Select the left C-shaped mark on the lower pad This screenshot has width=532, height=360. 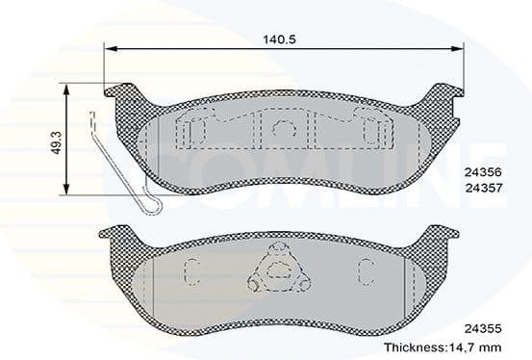191,270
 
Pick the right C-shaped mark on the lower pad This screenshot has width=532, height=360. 367,270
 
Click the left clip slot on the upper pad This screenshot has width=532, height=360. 195,129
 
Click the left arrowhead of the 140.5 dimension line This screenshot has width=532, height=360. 109,49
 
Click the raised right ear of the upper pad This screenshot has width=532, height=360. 442,96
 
